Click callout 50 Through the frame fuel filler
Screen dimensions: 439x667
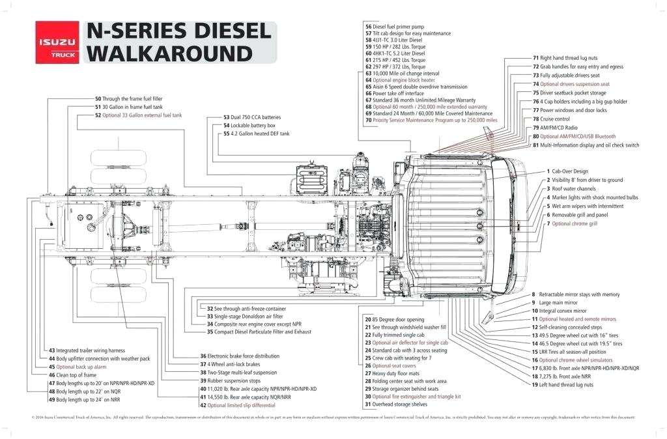(x=128, y=99)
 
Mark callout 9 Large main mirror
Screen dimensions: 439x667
(x=554, y=303)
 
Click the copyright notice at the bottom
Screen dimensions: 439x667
(x=333, y=418)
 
